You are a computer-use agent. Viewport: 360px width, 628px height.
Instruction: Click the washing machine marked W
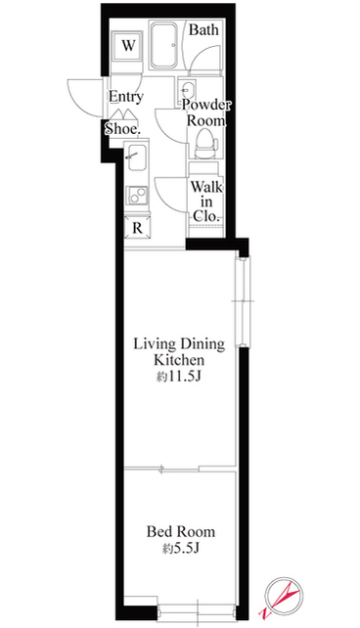pos(128,46)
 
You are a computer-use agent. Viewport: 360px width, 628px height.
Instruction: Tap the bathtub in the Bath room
pos(163,44)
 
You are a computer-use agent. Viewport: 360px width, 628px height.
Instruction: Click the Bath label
pos(203,29)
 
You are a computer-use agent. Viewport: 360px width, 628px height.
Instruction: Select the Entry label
pos(126,97)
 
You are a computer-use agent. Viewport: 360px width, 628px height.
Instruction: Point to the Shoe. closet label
pos(122,129)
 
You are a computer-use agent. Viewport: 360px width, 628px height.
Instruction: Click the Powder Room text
pos(206,112)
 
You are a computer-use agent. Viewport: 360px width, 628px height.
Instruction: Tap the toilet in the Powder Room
pos(205,145)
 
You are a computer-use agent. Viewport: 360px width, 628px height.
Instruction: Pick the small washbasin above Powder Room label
pos(186,88)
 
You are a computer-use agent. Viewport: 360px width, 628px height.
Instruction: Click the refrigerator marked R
pos(137,228)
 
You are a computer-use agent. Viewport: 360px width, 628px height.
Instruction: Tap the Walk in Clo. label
pos(206,202)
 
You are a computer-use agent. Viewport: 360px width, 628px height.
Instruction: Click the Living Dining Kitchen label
pos(179,352)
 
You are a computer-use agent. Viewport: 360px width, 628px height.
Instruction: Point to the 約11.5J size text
pos(178,378)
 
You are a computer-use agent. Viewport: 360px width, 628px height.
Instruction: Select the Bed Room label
pos(181,532)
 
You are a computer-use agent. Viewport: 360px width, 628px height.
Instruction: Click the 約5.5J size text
pos(181,549)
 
